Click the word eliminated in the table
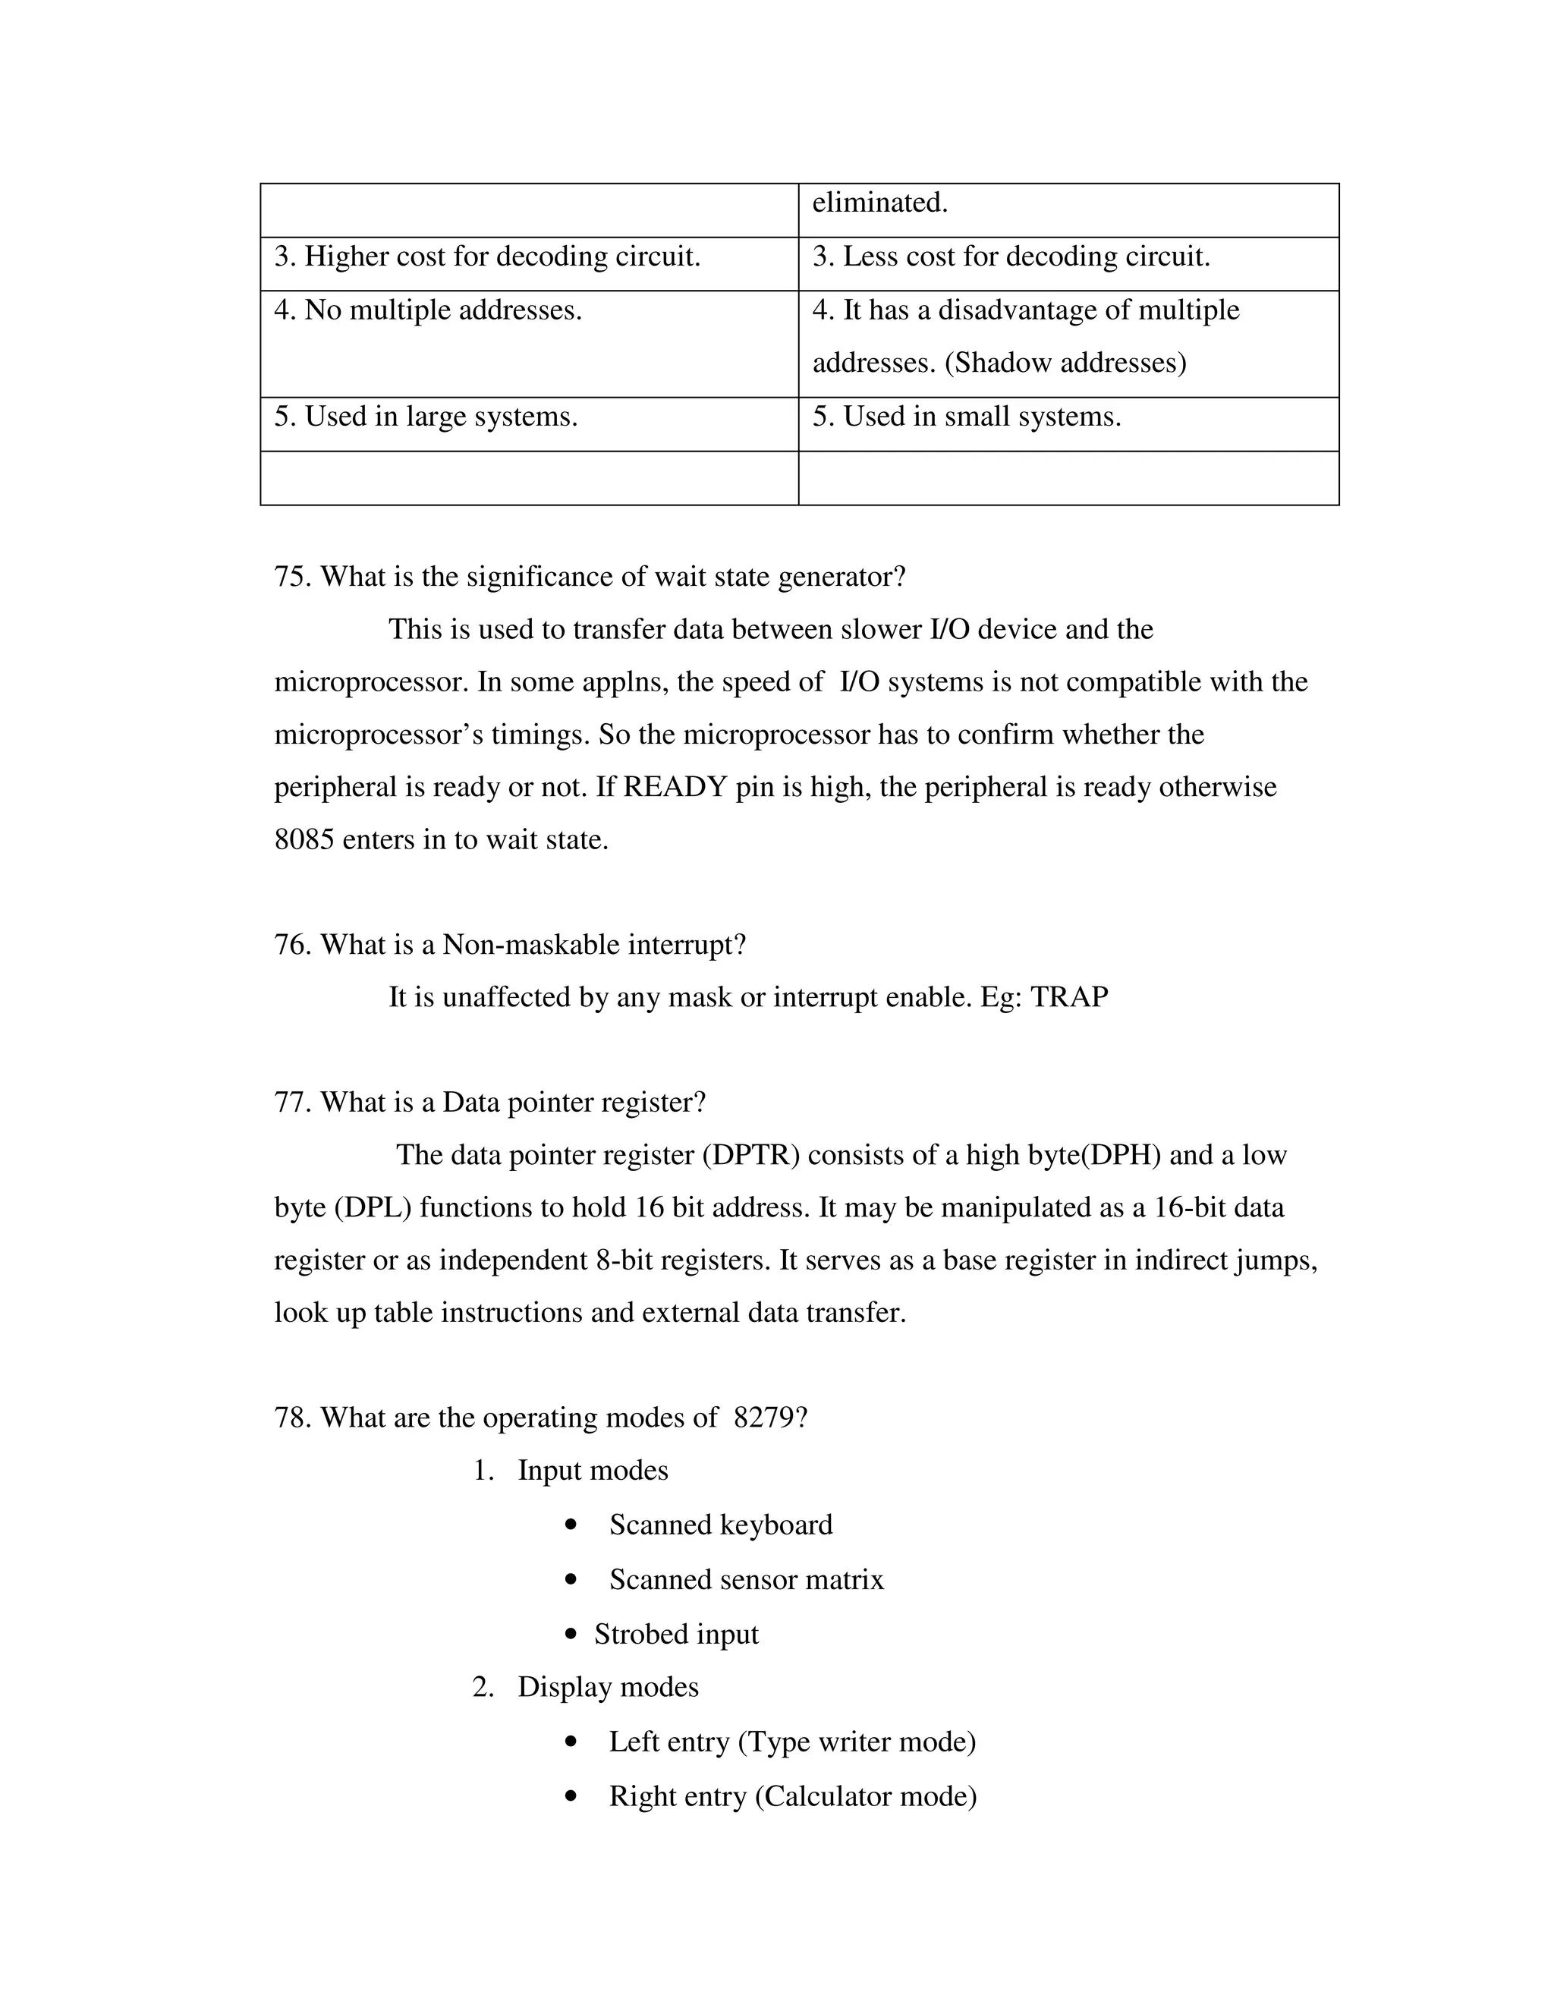879,203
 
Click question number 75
293,577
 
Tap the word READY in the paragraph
675,787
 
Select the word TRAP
1069,997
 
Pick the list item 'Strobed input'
676,1635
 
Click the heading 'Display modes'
608,1687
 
